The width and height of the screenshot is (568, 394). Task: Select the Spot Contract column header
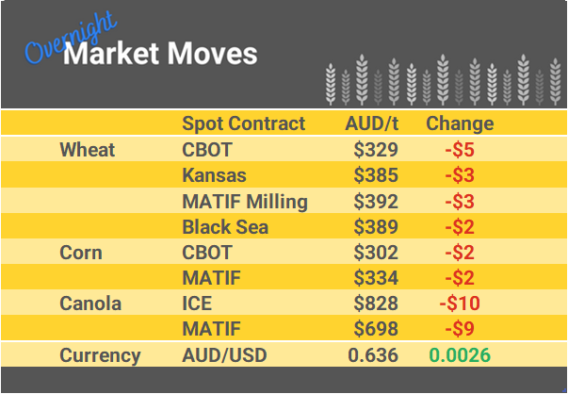(243, 123)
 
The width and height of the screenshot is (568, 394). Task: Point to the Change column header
(460, 123)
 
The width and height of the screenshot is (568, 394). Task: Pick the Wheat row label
(87, 150)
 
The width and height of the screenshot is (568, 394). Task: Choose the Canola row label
(91, 304)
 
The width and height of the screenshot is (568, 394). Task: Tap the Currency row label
(100, 355)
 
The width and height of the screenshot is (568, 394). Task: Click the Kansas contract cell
(214, 175)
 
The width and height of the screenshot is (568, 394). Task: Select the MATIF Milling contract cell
(245, 201)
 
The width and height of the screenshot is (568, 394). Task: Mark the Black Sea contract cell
(225, 226)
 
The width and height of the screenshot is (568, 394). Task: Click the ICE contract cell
(197, 304)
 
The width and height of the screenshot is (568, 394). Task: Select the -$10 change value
(460, 304)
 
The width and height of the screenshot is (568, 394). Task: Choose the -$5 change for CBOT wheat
(460, 150)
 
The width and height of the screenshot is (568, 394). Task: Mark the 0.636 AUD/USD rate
(373, 355)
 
